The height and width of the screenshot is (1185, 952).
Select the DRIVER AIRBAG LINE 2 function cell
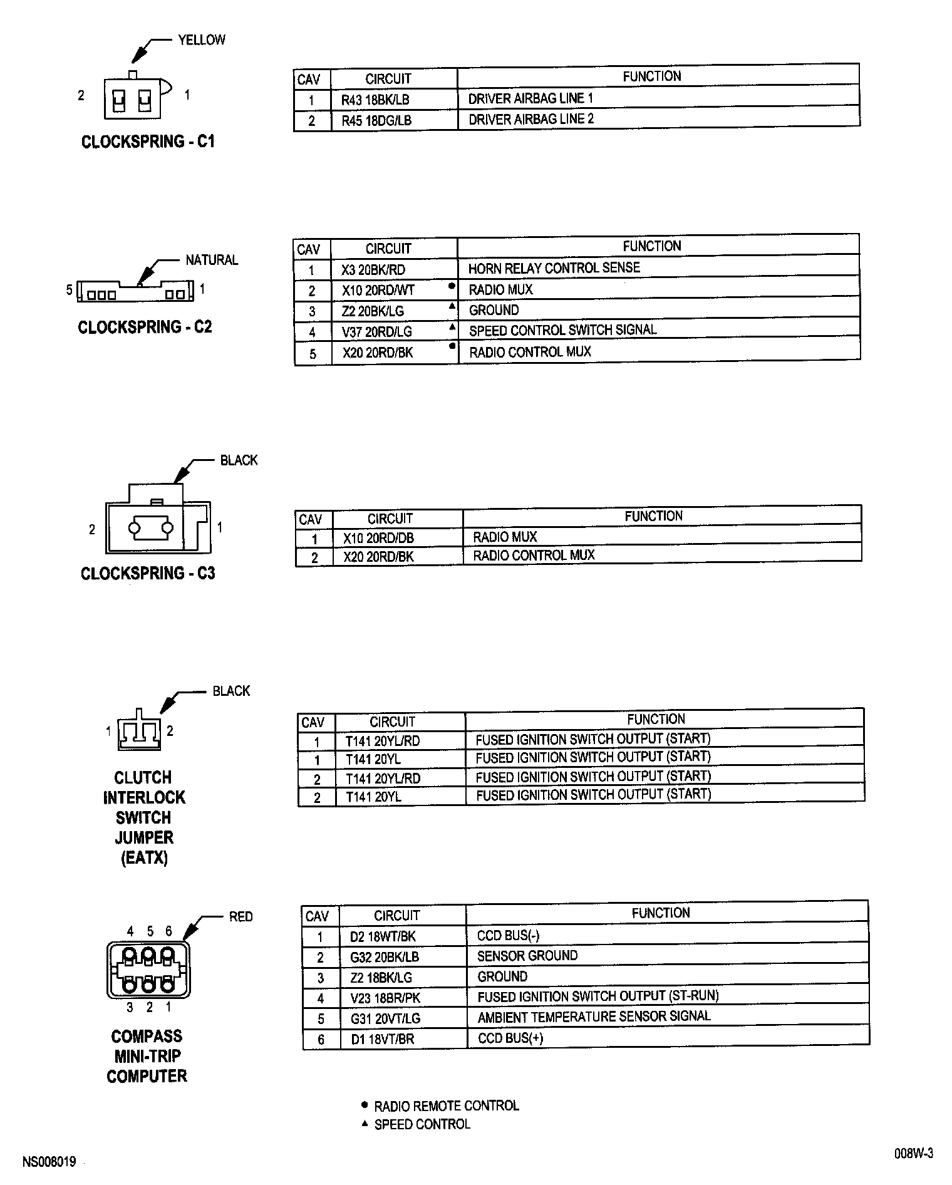(x=530, y=119)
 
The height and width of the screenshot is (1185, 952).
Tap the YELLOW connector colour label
(x=202, y=40)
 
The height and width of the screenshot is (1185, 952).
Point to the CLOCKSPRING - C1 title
(x=148, y=142)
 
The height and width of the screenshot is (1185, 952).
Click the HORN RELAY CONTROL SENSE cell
(x=554, y=268)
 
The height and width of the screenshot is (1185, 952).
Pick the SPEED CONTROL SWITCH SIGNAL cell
(x=562, y=330)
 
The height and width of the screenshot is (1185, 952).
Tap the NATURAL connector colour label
(x=212, y=260)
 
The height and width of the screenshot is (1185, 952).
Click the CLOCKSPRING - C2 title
(x=145, y=327)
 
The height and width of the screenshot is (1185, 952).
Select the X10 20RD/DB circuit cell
(x=378, y=538)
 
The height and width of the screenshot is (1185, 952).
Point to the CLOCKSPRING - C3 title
(x=148, y=573)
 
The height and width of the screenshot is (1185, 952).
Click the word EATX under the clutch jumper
(x=144, y=857)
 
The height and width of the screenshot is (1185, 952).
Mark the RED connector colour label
(x=241, y=917)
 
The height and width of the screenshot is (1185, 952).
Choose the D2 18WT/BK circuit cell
(x=383, y=937)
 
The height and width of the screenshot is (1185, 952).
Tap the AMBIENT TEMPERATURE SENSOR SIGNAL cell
(x=594, y=1016)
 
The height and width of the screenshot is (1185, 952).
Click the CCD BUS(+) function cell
(x=510, y=1038)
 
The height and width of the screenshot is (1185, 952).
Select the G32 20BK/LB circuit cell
(x=385, y=957)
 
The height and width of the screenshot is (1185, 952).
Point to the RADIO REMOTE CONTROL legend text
(x=447, y=1106)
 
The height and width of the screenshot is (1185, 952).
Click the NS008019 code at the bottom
(x=49, y=1162)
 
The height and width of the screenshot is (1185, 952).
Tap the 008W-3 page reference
(x=913, y=1154)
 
